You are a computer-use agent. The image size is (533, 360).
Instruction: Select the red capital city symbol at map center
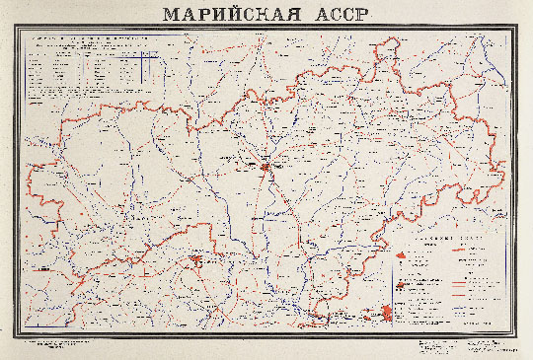coord(266,168)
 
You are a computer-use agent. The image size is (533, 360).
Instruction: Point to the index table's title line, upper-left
coord(89,39)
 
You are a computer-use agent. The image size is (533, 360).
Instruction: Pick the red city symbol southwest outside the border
coord(41,267)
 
